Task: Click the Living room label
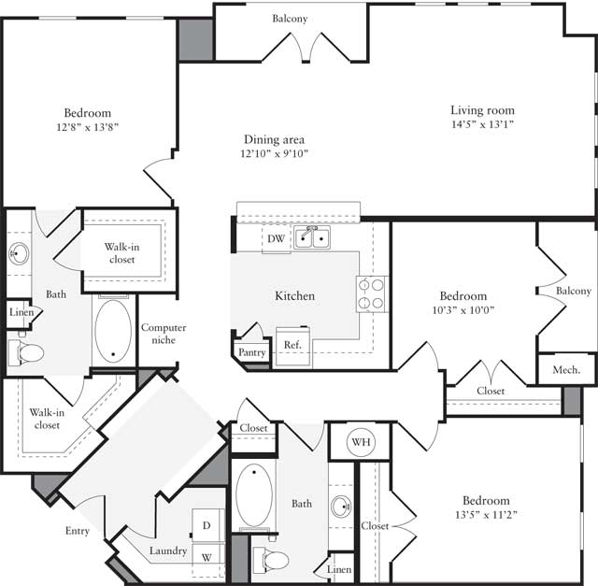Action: pyautogui.click(x=482, y=108)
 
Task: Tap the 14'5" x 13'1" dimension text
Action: pyautogui.click(x=482, y=123)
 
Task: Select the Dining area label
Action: pyautogui.click(x=274, y=139)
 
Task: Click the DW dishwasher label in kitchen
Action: pyautogui.click(x=276, y=239)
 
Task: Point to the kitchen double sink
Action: pyautogui.click(x=312, y=237)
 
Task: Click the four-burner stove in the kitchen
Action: pyautogui.click(x=371, y=293)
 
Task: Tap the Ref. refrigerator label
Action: pyautogui.click(x=292, y=345)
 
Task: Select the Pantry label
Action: pyautogui.click(x=251, y=352)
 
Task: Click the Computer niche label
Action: pyautogui.click(x=164, y=334)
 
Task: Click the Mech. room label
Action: pyautogui.click(x=567, y=369)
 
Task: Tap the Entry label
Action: pyautogui.click(x=78, y=531)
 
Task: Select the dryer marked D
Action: pyautogui.click(x=207, y=525)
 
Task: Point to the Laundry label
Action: pyautogui.click(x=168, y=550)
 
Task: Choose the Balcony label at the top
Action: pyautogui.click(x=290, y=19)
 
